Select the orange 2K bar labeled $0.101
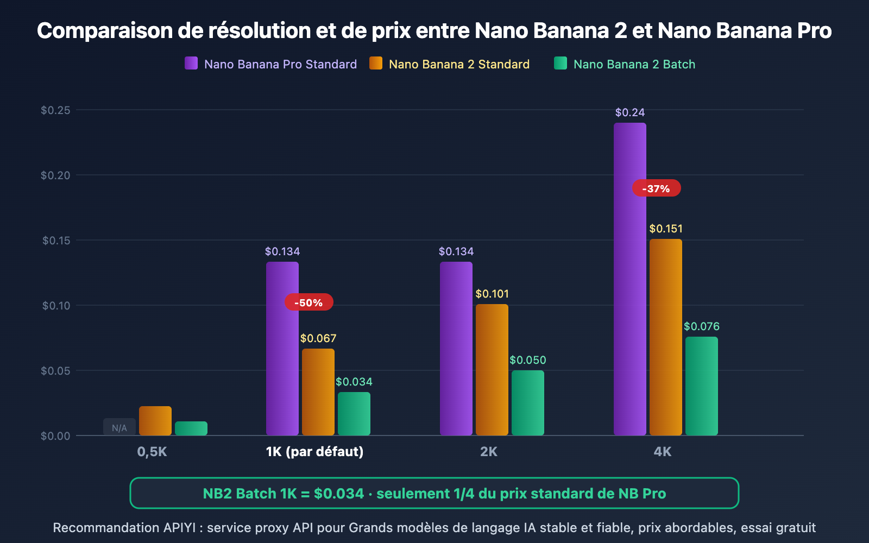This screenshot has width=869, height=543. coord(492,369)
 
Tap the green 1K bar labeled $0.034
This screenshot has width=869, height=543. coord(354,413)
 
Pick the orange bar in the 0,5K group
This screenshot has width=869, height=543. coord(155,420)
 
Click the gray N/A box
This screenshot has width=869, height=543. coord(119,427)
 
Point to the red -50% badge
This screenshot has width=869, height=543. coord(308,302)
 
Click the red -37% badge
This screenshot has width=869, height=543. coord(656,188)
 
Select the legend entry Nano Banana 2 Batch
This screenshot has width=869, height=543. coord(634,64)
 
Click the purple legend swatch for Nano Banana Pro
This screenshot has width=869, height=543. coord(191,64)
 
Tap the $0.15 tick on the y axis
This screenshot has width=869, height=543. coord(56,240)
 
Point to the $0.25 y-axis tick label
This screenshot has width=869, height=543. coord(55,110)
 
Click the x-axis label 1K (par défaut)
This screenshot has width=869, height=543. coord(314,451)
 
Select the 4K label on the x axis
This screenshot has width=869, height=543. coord(663,451)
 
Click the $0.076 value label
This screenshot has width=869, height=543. coord(701,326)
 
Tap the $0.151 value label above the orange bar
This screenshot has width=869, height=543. coord(666,229)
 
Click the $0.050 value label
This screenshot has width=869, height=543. coord(527,360)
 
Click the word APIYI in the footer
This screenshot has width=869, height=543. coord(179,528)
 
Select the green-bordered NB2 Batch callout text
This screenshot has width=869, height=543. coord(434,493)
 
